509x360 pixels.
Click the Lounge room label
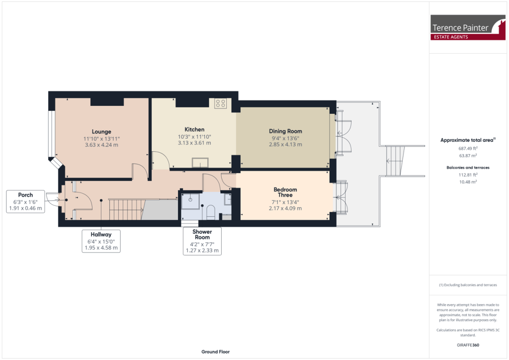[101, 132]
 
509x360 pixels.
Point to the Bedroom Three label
[285, 192]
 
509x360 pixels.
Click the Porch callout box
[25, 201]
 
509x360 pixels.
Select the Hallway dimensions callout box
[101, 241]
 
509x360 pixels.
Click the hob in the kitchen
[220, 103]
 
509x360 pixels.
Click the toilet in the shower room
[210, 213]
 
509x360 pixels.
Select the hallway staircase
[126, 209]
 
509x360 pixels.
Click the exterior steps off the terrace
[396, 161]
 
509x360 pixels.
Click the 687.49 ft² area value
[468, 148]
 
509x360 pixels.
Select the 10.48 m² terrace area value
[468, 181]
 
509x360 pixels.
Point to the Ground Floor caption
[215, 352]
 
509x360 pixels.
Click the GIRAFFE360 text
[468, 345]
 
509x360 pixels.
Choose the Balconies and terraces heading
[468, 168]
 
